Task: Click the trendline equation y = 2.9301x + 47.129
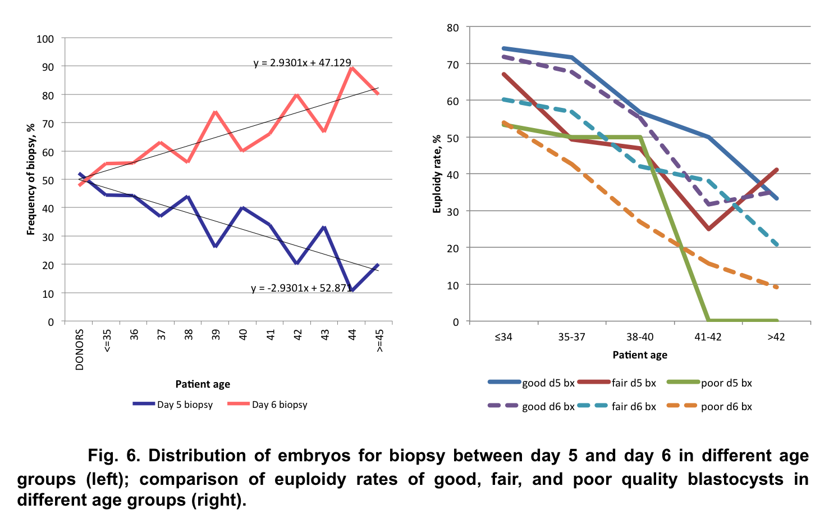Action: [303, 62]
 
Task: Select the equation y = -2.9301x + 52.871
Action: [301, 288]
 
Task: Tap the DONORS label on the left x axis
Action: [80, 349]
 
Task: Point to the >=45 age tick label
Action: [380, 340]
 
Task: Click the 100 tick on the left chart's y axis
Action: [45, 39]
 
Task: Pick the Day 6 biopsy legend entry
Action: [268, 405]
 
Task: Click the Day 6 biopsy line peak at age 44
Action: [352, 68]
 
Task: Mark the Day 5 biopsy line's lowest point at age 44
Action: [352, 290]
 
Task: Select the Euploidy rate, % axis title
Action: [437, 174]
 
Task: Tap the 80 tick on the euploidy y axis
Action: [452, 28]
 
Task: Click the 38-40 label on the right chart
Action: [640, 337]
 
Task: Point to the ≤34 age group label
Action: [503, 337]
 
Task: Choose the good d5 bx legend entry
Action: [532, 383]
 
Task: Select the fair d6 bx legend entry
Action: [617, 406]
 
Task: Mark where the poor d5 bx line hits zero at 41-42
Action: [709, 321]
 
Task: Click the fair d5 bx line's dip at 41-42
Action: [709, 229]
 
